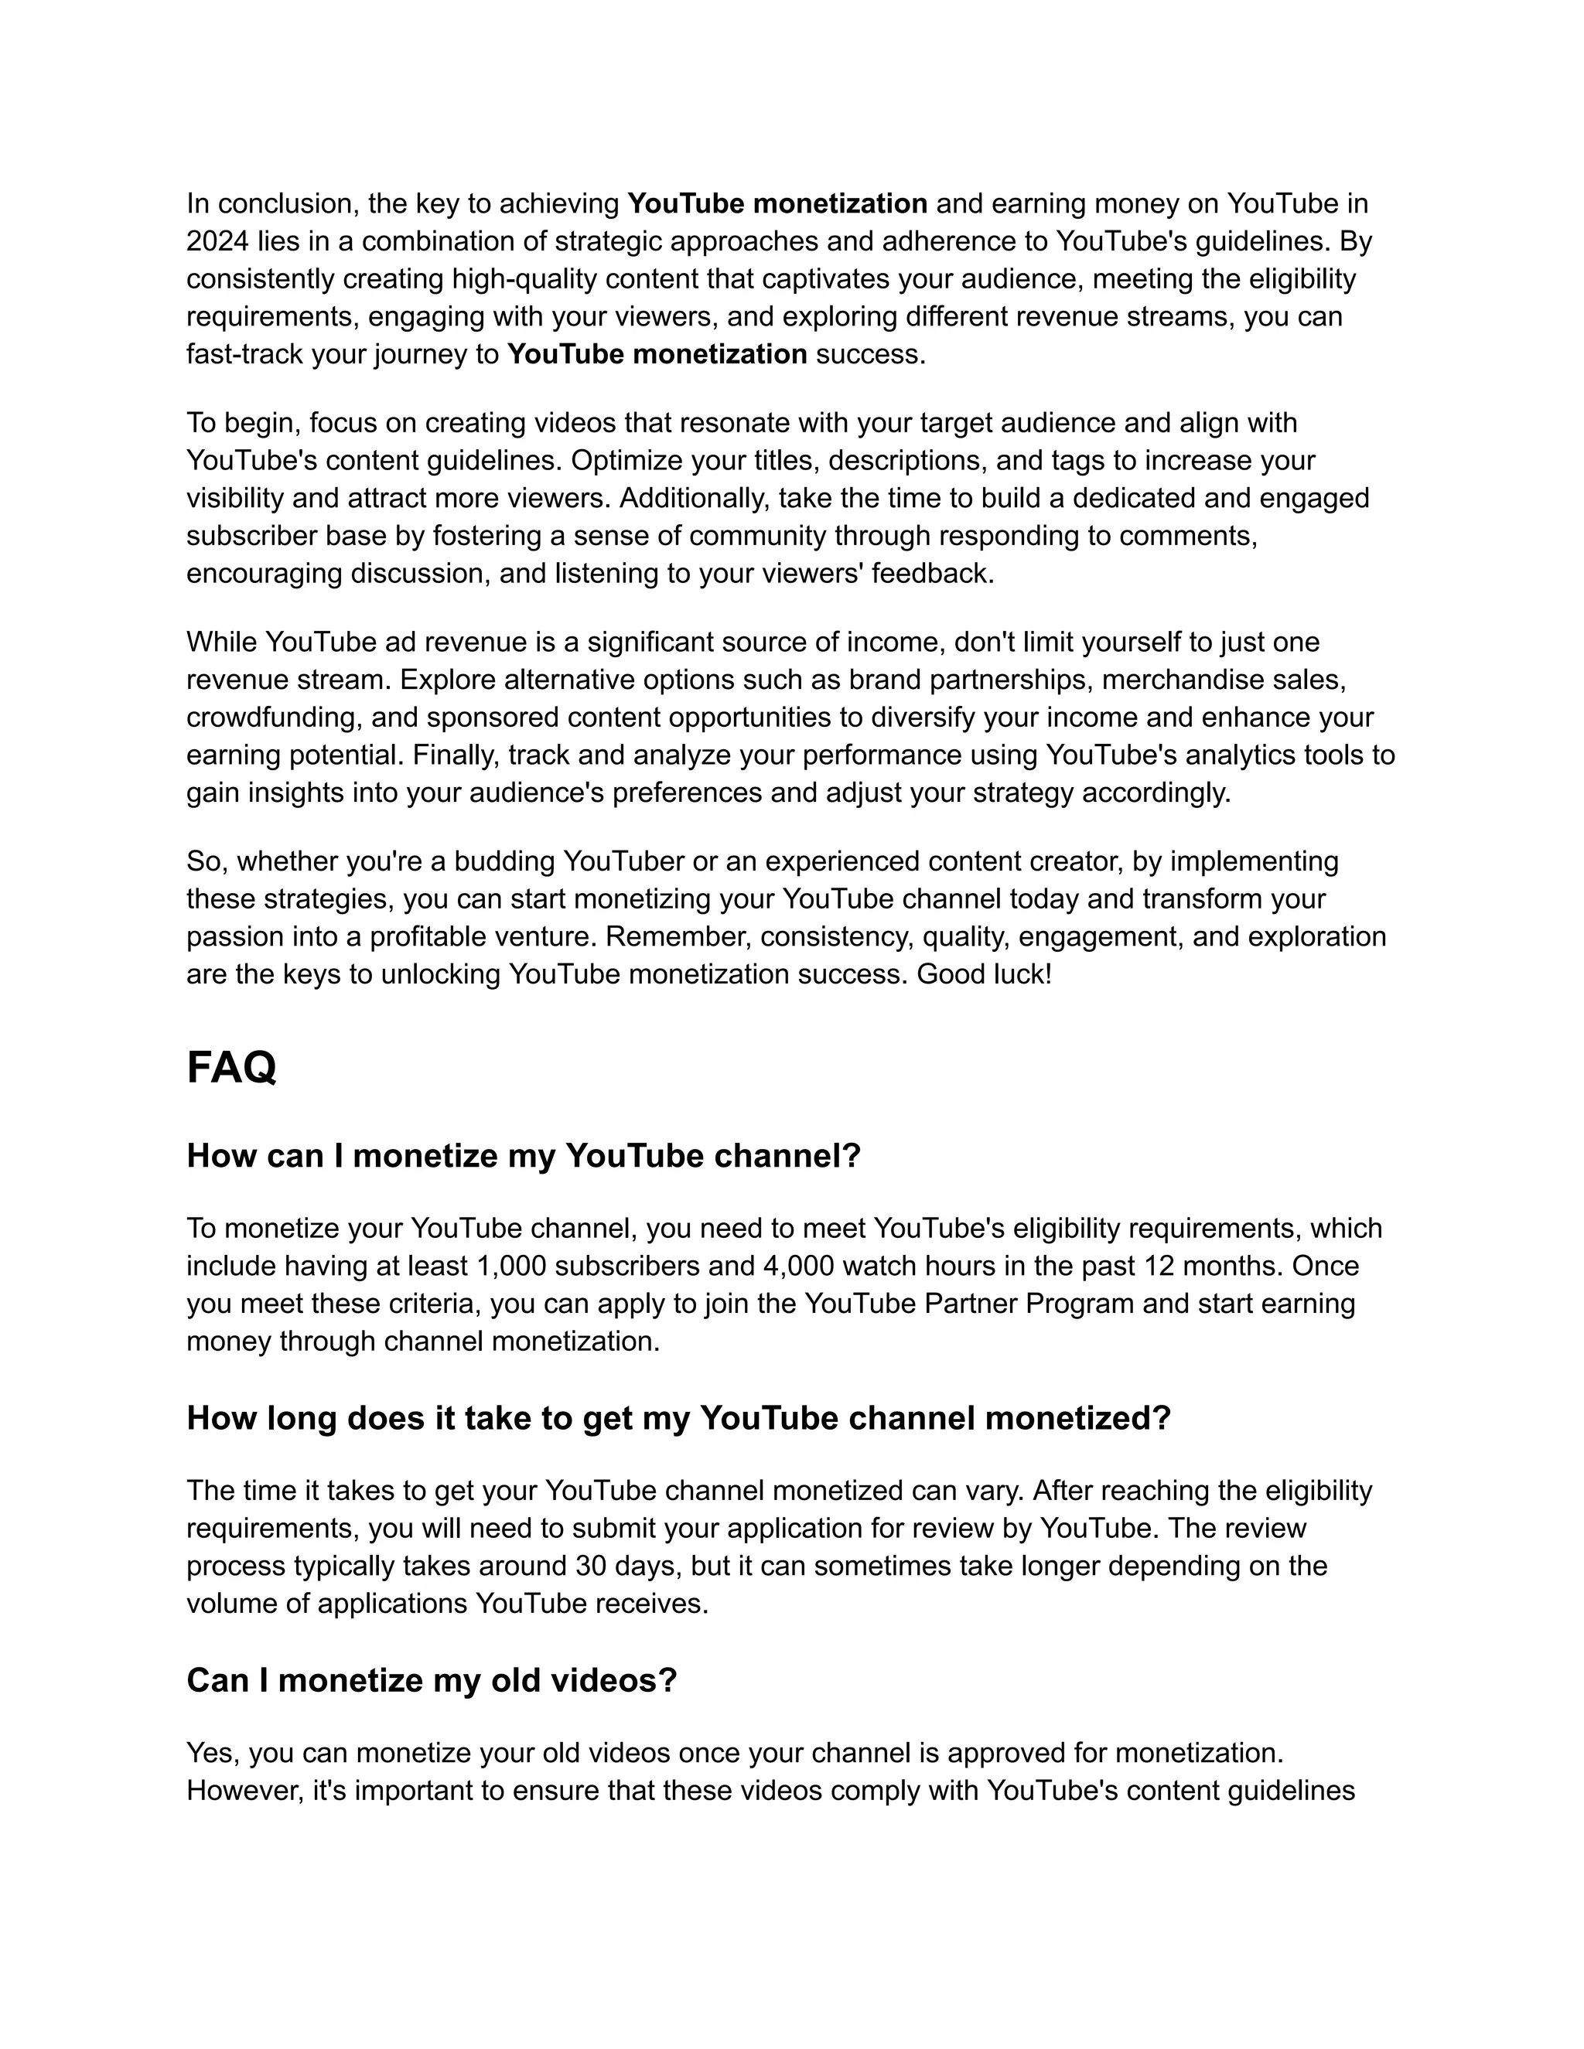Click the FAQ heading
point(230,1068)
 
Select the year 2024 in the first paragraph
point(217,242)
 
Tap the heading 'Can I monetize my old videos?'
point(432,1680)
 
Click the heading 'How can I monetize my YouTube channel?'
point(524,1156)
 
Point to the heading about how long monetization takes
point(678,1417)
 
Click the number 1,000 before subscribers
point(511,1267)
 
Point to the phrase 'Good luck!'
point(985,975)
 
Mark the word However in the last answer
point(242,1791)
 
